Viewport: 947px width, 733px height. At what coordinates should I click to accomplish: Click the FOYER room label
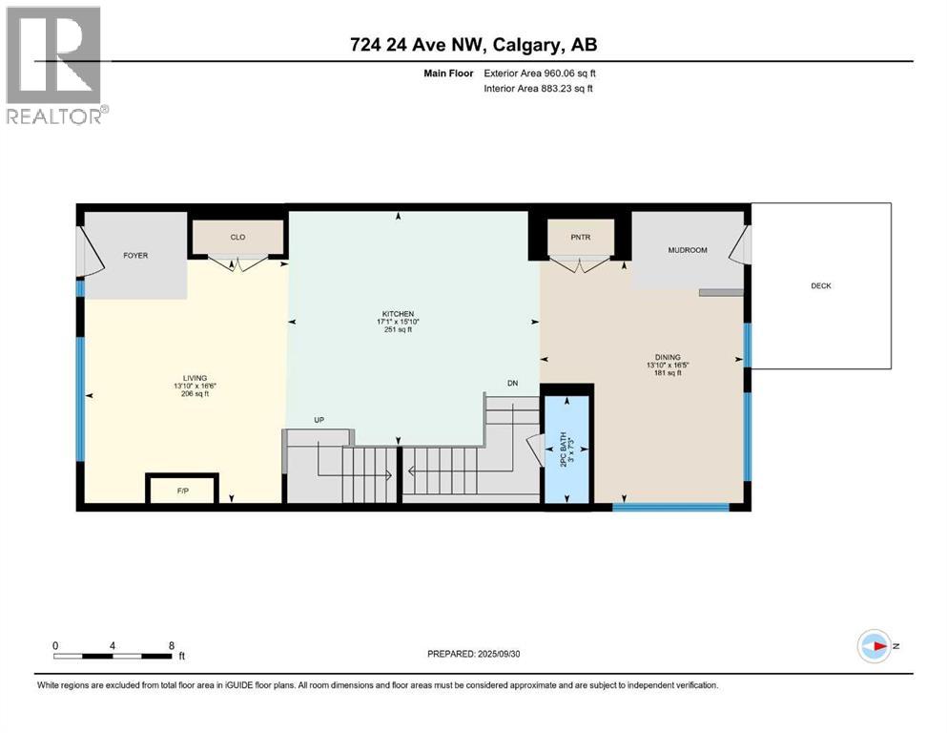[x=134, y=256]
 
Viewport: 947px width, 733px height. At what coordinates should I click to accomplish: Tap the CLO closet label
[x=238, y=237]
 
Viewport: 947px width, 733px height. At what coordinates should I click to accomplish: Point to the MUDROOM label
[x=687, y=250]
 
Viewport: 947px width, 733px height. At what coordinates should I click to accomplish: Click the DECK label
[x=821, y=285]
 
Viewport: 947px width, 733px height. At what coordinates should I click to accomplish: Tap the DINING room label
[x=668, y=357]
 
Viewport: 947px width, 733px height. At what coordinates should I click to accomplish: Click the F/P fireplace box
[x=183, y=489]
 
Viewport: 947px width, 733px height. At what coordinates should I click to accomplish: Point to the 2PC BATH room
[x=567, y=446]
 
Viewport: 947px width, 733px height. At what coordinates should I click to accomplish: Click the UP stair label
[x=319, y=420]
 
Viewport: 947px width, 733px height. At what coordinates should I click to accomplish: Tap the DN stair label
[x=512, y=384]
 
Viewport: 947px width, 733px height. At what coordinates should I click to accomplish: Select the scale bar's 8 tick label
[x=170, y=645]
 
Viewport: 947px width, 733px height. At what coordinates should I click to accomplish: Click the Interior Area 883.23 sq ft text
[x=539, y=89]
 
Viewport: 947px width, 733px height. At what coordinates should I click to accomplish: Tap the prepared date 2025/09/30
[x=502, y=654]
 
